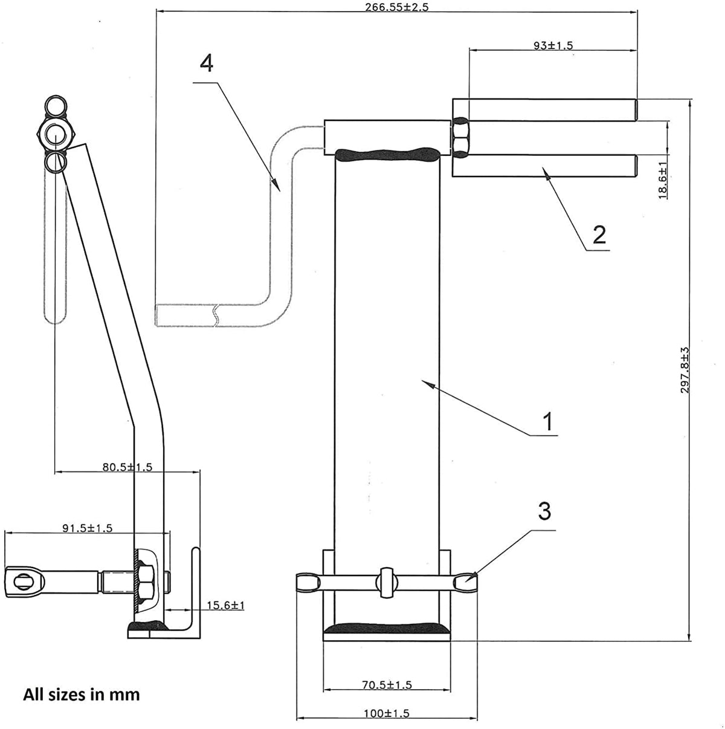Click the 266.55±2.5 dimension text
pos(396,7)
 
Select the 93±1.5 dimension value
pos(553,45)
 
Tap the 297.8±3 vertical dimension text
pos(685,370)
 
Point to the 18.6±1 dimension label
pos(663,181)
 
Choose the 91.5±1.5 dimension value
pos(87,528)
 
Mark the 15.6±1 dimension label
pos(224,605)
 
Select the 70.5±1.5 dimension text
pos(387,685)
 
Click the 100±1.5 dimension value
pos(386,713)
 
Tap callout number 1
pos(547,421)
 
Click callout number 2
pos(599,234)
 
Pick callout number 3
pos(544,511)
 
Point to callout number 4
pos(207,63)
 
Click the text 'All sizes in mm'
pos(82,695)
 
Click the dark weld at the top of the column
pos(387,155)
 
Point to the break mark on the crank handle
pos(215,316)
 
